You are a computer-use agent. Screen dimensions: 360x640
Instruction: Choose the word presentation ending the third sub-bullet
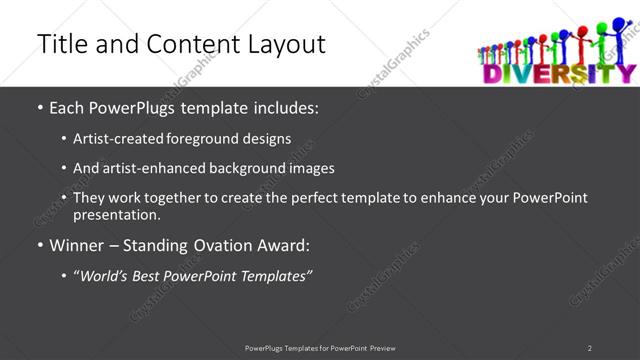pyautogui.click(x=114, y=214)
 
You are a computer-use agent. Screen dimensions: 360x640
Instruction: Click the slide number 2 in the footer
pyautogui.click(x=590, y=348)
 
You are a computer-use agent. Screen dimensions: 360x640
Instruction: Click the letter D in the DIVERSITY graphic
pyautogui.click(x=491, y=72)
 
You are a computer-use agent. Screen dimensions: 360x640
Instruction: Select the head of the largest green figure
pyautogui.click(x=602, y=26)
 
